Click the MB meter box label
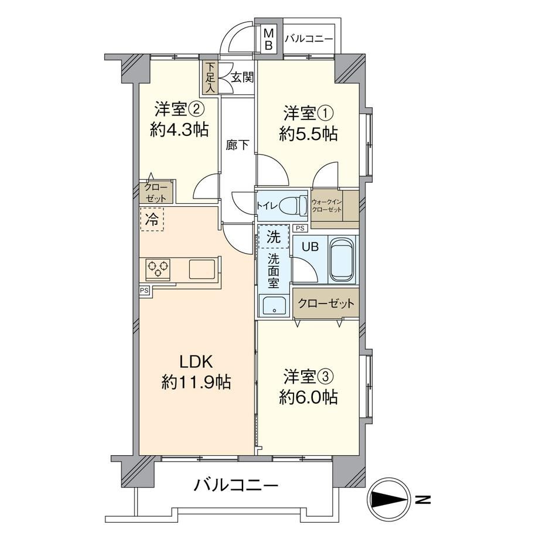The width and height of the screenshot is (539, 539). (x=268, y=39)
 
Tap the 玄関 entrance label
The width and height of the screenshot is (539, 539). (x=242, y=77)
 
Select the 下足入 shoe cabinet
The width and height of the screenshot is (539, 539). (x=210, y=78)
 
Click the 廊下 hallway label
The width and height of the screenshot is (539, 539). (x=237, y=145)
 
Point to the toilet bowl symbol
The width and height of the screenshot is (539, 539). (x=293, y=206)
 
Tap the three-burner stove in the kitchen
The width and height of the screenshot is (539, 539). (x=158, y=268)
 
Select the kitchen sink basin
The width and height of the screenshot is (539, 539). (x=202, y=269)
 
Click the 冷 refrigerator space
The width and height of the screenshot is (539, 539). (x=152, y=219)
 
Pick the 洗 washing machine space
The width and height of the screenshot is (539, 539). (x=274, y=237)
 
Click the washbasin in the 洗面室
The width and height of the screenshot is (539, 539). (x=274, y=305)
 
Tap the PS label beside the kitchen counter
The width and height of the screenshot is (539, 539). (x=144, y=291)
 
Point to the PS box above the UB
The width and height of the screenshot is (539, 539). (x=300, y=228)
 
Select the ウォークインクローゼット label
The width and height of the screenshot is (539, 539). (x=326, y=206)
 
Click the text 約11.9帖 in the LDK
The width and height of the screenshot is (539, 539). (x=196, y=381)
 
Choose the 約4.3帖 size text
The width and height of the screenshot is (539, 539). (x=179, y=130)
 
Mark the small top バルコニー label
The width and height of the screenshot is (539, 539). (x=309, y=39)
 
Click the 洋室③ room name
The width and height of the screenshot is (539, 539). (x=308, y=377)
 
